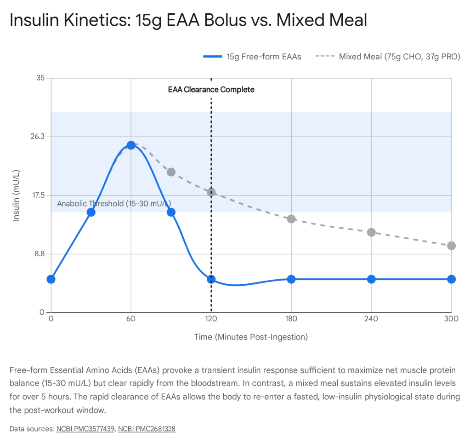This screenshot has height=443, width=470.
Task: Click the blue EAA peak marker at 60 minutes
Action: [131, 145]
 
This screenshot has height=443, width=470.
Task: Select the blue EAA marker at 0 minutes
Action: [51, 279]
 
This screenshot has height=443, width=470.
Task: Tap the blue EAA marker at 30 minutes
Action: [91, 212]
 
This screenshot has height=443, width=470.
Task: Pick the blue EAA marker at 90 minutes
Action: [171, 212]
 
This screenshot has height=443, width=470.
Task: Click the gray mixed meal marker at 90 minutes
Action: [171, 172]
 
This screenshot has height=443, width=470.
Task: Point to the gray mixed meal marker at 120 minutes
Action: [211, 192]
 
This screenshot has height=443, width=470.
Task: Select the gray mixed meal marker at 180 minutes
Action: [291, 219]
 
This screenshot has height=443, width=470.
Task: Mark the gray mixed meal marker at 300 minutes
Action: [451, 246]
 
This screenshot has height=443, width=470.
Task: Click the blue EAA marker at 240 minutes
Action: [371, 279]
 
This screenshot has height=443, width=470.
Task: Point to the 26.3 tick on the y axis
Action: [38, 137]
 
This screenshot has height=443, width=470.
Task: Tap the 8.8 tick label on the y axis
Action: [40, 254]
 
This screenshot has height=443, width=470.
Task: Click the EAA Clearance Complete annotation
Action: [211, 90]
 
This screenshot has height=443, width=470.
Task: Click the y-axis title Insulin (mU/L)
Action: [17, 196]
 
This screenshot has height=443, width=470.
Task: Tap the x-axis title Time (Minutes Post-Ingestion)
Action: [251, 337]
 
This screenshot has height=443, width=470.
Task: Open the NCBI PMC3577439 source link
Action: [85, 429]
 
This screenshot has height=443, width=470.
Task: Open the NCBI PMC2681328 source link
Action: [147, 429]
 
